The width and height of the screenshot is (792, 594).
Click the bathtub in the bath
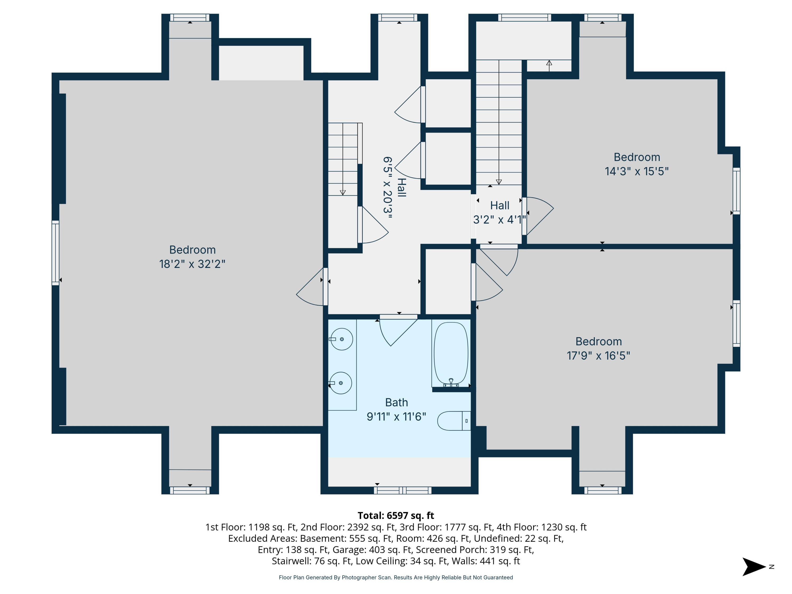451,353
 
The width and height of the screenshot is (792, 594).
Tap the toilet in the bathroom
453,421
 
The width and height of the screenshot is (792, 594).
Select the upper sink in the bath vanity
342,339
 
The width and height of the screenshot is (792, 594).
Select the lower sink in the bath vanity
341,383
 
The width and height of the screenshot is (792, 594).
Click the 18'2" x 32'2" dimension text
192,264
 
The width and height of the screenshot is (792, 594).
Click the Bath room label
396,402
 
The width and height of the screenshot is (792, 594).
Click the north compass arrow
754,567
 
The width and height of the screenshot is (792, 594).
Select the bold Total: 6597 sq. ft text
396,516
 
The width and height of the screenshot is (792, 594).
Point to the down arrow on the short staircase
343,192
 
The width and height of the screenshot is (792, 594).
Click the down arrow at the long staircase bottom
499,182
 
